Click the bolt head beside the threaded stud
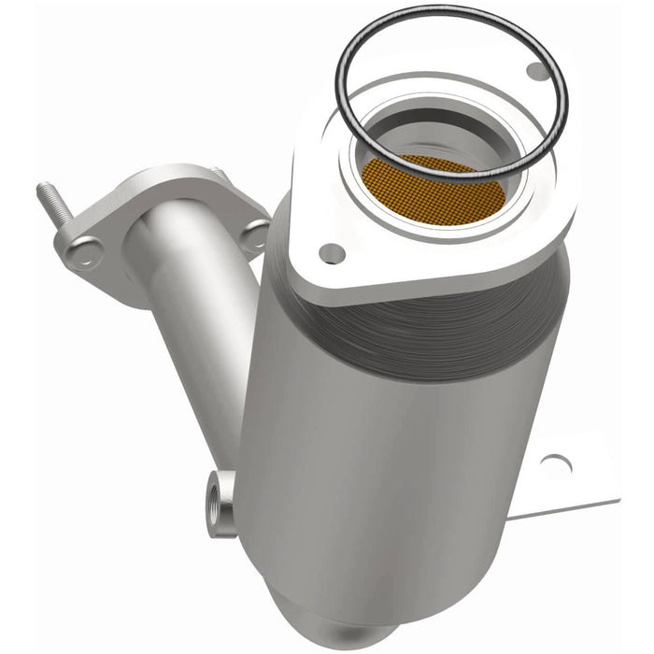82,250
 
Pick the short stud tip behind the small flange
218,174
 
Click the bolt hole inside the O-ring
535,71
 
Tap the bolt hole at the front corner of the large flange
331,252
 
